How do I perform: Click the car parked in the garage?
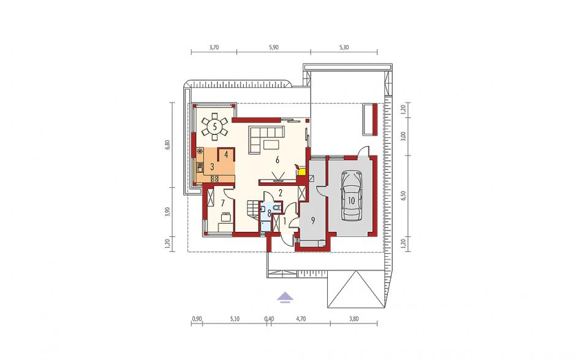click(x=352, y=196)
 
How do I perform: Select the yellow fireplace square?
click(x=302, y=171)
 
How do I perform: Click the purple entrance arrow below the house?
click(x=285, y=296)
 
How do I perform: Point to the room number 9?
click(x=313, y=220)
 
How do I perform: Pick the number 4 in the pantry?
click(x=226, y=155)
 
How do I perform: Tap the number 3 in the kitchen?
click(x=212, y=167)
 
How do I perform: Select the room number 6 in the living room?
click(x=278, y=159)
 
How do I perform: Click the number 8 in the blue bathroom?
click(x=269, y=212)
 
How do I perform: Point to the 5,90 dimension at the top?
click(x=274, y=47)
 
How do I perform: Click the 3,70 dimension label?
click(x=214, y=47)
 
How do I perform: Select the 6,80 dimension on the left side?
click(x=169, y=144)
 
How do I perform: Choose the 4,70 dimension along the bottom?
click(x=301, y=319)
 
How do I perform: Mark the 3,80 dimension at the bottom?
click(x=354, y=319)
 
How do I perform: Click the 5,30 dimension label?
click(x=344, y=47)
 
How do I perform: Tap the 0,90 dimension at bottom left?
click(x=197, y=319)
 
